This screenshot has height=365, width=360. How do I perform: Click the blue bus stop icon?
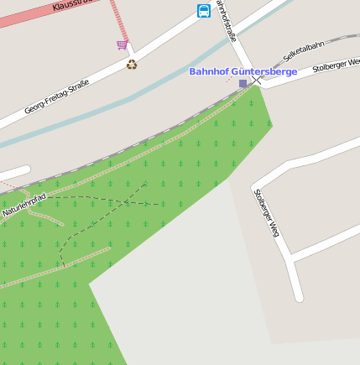coord(204,11)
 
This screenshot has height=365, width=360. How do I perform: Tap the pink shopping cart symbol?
coord(123,44)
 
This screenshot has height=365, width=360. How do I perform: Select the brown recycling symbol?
coord(132,64)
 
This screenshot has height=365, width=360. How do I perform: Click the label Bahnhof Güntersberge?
coord(243,72)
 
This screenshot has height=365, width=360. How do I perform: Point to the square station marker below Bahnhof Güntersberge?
coord(243,83)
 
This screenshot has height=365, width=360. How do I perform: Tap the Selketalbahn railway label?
coord(303,50)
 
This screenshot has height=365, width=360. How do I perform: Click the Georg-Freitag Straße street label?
coord(56,96)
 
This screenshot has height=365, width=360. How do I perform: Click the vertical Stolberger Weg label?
coord(266,213)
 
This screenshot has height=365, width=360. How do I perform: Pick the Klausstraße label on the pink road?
coord(70,5)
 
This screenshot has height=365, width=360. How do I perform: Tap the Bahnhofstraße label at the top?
coord(226,20)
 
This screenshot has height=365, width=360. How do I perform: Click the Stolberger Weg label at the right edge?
coord(336,65)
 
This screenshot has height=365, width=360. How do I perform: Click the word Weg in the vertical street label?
coord(274,229)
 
